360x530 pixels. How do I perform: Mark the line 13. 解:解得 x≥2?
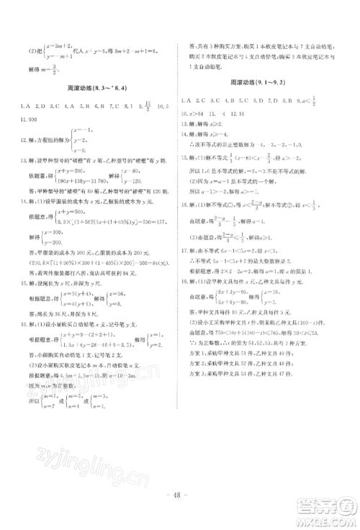pos(206,123)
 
